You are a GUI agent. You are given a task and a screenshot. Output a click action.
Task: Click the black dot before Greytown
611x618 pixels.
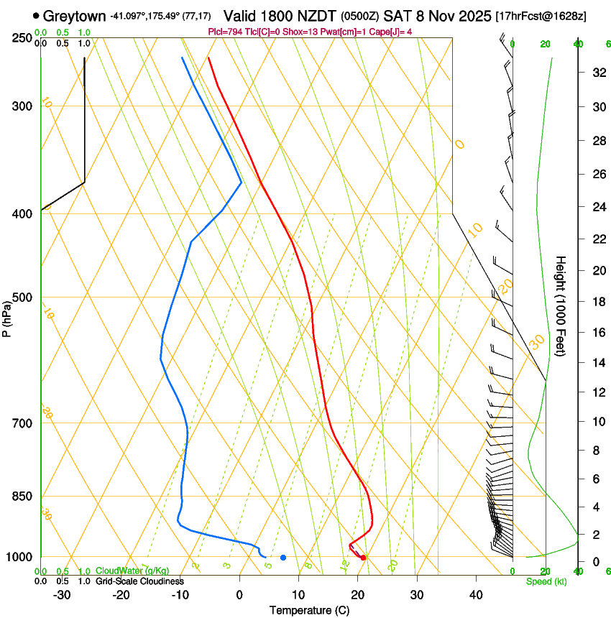point(36,15)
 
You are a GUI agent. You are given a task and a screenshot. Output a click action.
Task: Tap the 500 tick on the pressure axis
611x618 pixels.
point(23,298)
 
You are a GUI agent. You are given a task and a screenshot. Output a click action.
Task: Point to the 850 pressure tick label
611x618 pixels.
point(23,497)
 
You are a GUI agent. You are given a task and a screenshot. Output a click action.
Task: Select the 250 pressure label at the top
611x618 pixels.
point(23,38)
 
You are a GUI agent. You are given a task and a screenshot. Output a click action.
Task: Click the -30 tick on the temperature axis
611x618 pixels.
point(62,594)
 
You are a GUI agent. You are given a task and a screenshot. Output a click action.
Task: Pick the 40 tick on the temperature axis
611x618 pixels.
point(476,594)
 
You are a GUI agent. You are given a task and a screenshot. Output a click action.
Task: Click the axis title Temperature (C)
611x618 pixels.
point(309,610)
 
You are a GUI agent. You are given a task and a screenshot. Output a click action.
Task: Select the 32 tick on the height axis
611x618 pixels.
point(597,72)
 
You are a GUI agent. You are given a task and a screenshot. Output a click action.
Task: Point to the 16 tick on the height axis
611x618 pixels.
point(597,332)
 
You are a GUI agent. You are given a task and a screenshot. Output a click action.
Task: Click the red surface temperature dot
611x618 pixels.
point(363,558)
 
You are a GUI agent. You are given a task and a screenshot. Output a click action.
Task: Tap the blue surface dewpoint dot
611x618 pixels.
point(283,558)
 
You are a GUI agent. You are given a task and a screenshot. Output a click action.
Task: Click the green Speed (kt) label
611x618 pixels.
point(546,581)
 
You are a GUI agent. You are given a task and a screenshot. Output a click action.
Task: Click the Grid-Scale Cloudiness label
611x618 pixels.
point(139,581)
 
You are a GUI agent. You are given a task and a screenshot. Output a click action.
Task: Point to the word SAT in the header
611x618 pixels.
point(395,15)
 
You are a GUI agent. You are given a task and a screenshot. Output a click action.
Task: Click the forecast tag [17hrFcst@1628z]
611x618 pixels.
point(540,16)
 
